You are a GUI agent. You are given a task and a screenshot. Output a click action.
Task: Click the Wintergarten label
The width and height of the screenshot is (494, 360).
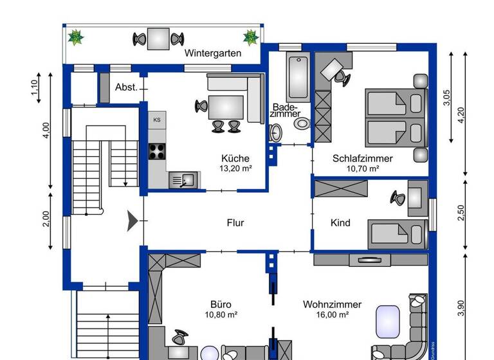pos(213,53)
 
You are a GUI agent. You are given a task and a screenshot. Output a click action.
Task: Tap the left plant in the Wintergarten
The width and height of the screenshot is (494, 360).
pos(77,37)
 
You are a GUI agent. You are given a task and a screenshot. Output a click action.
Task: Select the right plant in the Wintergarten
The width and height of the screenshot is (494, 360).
pos(250,37)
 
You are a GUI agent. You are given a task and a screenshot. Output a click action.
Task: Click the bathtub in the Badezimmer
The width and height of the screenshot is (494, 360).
pos(298,78)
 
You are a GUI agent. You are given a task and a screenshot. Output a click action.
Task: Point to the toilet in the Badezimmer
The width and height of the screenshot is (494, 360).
pos(276,132)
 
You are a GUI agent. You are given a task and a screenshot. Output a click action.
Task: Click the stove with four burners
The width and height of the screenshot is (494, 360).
pos(158,151)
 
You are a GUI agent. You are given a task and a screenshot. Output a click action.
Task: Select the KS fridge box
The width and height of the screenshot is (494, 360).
pos(157,120)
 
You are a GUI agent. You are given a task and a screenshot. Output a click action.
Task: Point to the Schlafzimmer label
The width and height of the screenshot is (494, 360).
pos(363,158)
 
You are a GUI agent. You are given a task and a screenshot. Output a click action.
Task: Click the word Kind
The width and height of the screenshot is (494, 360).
pos(340,223)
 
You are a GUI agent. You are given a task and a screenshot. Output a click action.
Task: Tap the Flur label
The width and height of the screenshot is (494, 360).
pos(235,223)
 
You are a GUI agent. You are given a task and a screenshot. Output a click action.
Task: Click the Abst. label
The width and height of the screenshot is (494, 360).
pos(126,87)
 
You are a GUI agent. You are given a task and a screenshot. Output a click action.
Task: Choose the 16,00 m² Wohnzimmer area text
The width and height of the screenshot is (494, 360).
pos(333,315)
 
